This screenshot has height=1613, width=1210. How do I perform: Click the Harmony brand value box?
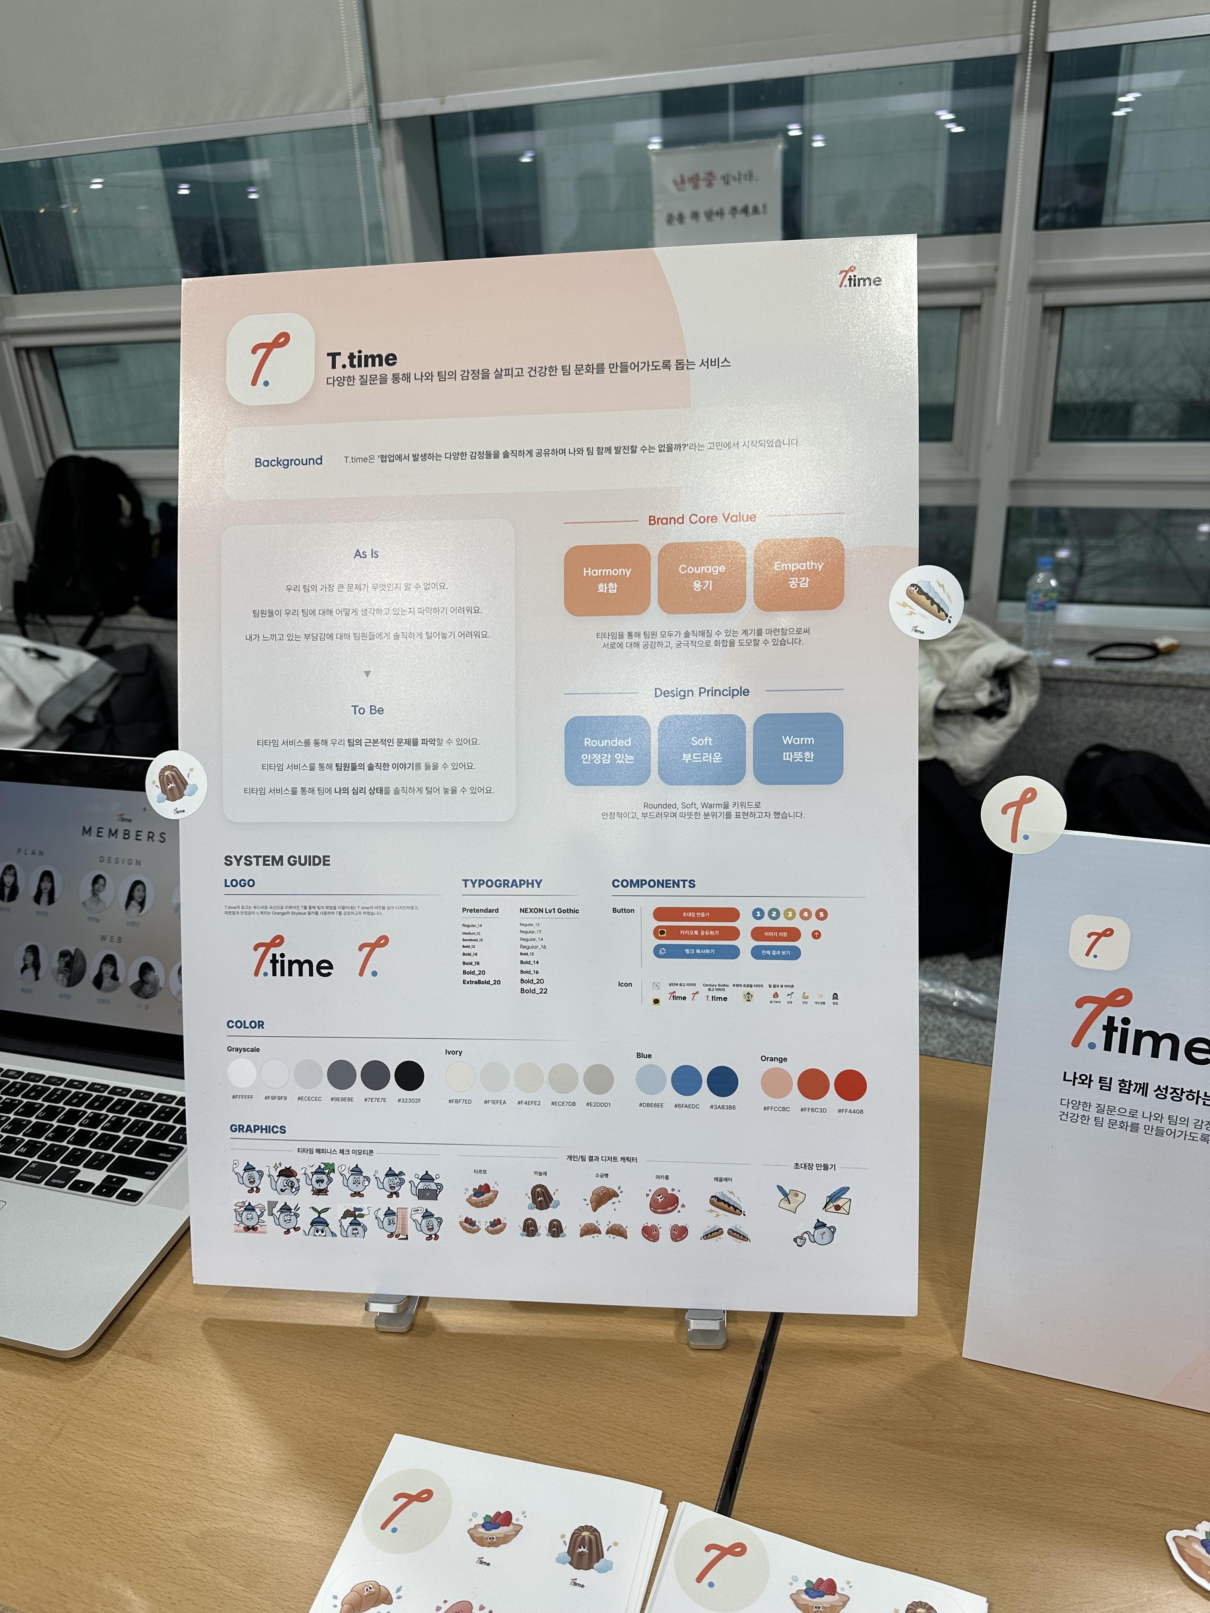click(607, 580)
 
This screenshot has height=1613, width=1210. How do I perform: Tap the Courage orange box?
click(702, 577)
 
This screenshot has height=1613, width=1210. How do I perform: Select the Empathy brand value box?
click(799, 574)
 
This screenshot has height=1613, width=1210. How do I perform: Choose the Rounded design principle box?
click(607, 750)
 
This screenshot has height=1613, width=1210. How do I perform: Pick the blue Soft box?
click(702, 749)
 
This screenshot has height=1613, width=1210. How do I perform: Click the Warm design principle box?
click(798, 748)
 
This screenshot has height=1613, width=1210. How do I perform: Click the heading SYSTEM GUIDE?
click(277, 861)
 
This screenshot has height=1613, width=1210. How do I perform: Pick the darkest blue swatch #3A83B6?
click(722, 1081)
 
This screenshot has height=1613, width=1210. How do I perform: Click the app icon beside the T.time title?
click(270, 359)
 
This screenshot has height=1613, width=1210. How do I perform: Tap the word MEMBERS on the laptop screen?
click(124, 833)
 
